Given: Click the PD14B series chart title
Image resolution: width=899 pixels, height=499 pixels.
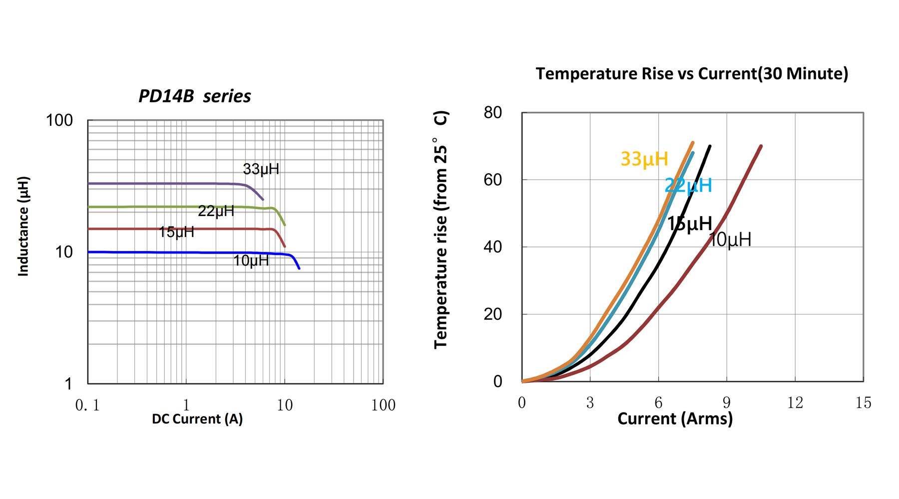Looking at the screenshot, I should tap(194, 96).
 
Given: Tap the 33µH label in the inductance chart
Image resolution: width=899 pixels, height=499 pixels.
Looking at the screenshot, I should tap(261, 169).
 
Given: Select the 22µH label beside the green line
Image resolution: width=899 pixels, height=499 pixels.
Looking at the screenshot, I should tap(216, 211).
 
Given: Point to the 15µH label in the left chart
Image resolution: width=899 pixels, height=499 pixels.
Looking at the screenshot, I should tap(176, 232).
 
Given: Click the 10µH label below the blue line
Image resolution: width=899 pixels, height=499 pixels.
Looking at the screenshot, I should tap(251, 260).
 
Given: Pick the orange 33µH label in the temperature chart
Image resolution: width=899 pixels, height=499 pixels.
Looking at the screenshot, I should tap(644, 159).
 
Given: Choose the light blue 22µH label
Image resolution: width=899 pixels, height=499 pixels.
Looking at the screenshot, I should tap(688, 186).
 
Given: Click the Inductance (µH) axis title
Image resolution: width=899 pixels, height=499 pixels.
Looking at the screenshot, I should tap(23, 226).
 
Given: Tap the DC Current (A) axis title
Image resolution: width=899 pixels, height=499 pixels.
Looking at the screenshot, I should tap(197, 419).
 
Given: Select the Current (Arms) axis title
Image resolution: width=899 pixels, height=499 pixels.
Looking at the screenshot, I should tap(675, 418).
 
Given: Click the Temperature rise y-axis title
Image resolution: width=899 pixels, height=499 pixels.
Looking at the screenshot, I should tap(441, 230).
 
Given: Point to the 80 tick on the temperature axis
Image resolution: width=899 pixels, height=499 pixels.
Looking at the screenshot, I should tap(492, 113).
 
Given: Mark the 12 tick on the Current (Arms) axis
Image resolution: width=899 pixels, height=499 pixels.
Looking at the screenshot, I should tap(795, 403).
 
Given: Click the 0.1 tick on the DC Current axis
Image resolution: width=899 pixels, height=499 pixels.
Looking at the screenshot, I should tap(87, 405).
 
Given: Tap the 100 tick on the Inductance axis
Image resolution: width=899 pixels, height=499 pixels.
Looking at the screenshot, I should tap(59, 120).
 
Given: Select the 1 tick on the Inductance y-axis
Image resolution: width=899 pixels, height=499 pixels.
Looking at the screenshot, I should tap(68, 384).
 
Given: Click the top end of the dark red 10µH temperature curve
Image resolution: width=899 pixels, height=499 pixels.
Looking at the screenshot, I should tap(761, 146).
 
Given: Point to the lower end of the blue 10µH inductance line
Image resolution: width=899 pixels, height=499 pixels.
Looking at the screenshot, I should tap(299, 268).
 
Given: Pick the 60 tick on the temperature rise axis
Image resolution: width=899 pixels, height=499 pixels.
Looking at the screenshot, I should tap(492, 180).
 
